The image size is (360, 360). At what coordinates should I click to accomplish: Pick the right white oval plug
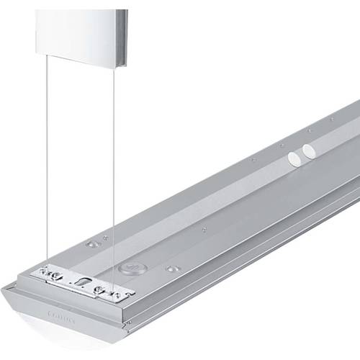click(x=310, y=150)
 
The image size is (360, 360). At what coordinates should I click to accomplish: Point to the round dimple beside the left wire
click(x=91, y=244)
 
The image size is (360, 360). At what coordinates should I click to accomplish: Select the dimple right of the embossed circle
click(x=172, y=269)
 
